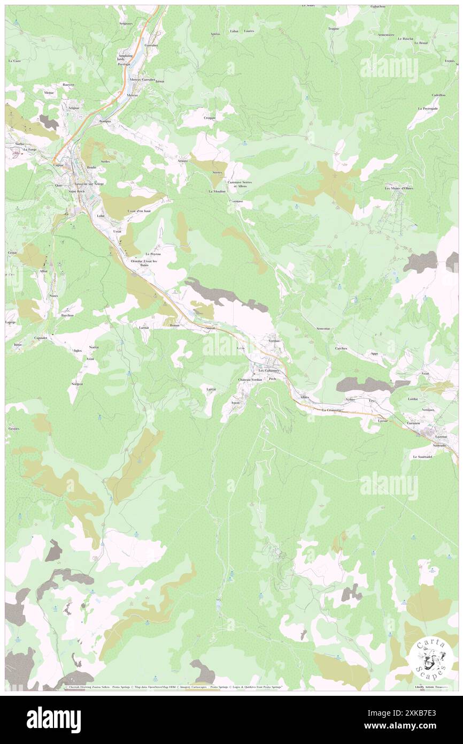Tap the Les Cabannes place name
pyautogui.click(x=268, y=370)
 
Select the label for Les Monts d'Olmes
pyautogui.click(x=399, y=188)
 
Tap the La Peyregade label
pyautogui.click(x=428, y=109)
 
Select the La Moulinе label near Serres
pyautogui.click(x=217, y=191)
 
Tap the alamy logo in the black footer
pyautogui.click(x=53, y=719)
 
